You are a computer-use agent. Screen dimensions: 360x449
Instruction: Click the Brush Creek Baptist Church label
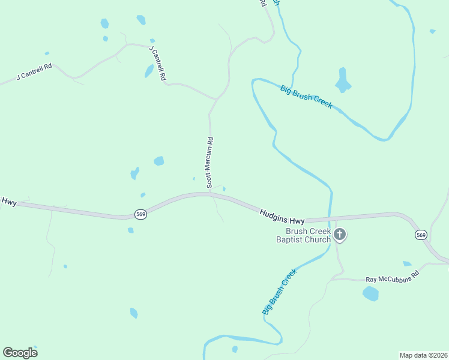point(307,235)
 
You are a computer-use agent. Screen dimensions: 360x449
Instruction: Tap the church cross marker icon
point(340,235)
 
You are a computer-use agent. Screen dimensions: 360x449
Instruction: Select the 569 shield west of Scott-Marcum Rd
point(140,214)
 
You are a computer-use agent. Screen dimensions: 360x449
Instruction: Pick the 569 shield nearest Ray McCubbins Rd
point(420,235)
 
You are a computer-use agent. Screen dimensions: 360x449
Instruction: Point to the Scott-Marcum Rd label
point(209,163)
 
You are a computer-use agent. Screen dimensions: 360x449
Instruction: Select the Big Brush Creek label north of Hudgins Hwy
point(306,97)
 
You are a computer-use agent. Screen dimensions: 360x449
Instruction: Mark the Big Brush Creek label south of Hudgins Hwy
point(280,292)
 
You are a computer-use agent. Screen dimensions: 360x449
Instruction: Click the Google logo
point(20,352)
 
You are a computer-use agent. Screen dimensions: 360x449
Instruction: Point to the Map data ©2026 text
point(423,355)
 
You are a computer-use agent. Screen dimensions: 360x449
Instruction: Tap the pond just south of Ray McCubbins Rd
point(371,293)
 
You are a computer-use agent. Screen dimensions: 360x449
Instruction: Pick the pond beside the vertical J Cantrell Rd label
point(149,71)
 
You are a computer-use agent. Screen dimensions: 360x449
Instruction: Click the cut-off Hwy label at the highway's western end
point(8,202)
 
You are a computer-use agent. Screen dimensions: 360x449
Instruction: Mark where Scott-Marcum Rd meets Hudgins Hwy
point(209,193)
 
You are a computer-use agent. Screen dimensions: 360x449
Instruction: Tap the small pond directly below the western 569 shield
point(130,230)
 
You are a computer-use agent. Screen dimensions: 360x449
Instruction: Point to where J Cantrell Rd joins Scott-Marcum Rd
point(215,98)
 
